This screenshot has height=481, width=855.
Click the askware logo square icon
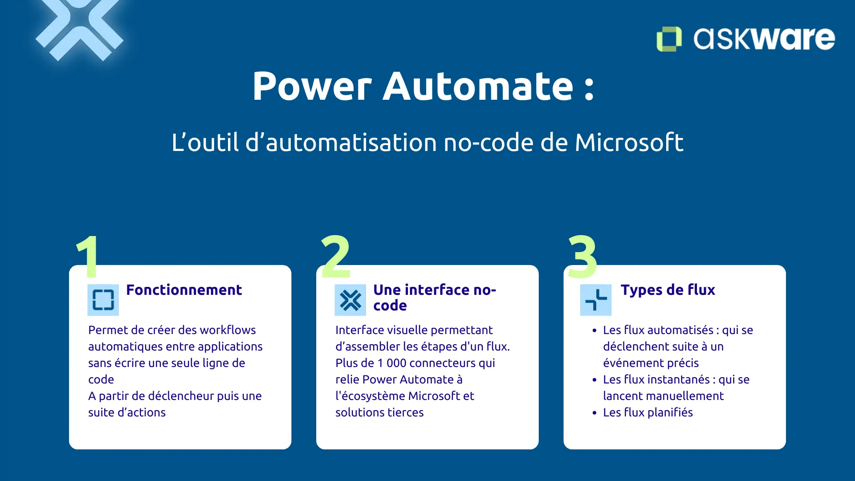pos(669,39)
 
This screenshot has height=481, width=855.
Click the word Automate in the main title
pos(478,86)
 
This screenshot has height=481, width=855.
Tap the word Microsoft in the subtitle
pos(629,143)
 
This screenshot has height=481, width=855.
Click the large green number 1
pos(88,257)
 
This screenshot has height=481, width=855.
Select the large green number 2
pos(336,257)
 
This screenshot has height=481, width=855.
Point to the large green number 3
pos(582,257)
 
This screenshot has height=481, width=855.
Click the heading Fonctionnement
pos(184,290)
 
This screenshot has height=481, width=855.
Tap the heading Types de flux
pos(668,290)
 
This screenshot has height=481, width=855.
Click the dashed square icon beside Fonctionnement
pos(103,300)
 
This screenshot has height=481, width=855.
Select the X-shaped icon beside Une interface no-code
pos(350,300)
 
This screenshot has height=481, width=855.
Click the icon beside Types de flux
pos(596,300)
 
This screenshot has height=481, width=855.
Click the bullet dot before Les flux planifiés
pos(594,413)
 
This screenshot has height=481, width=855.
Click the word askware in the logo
pos(764,39)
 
